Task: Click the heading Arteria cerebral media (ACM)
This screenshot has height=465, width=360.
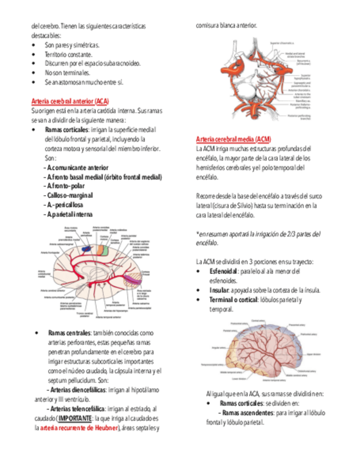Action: point(233,139)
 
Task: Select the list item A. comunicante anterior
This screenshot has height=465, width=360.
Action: point(77,167)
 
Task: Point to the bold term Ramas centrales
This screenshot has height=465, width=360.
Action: point(69,333)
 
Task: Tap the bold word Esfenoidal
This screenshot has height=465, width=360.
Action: point(223,271)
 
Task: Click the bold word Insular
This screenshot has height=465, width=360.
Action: point(220,290)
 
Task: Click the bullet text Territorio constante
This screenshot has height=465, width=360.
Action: point(69,54)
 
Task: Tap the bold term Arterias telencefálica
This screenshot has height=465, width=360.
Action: point(76,409)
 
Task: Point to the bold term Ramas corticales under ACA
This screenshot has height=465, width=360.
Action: point(66,129)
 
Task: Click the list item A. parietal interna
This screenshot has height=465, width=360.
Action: point(70,214)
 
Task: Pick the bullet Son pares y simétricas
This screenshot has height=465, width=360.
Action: point(72,44)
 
